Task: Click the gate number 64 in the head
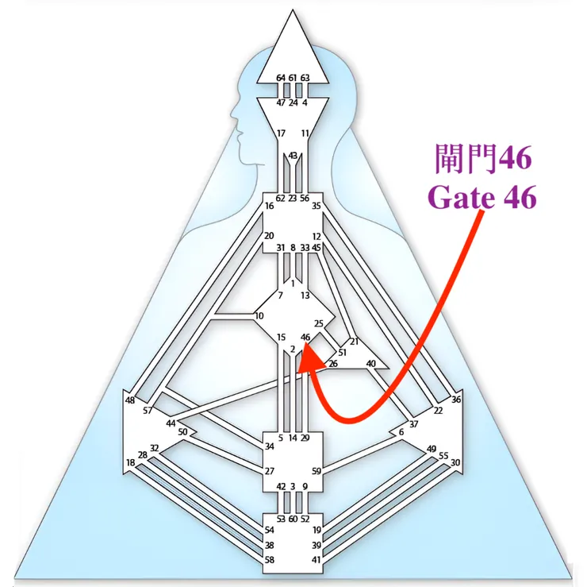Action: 281,78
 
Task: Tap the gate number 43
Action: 293,155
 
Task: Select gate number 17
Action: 281,133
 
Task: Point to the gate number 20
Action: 269,236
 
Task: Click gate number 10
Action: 259,316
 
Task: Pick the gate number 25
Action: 319,323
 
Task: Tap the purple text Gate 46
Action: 482,197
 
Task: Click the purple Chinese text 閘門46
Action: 483,159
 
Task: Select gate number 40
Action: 370,363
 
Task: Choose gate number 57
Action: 148,411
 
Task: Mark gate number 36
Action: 456,400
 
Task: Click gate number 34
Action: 269,446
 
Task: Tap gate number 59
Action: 317,471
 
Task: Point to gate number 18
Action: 130,462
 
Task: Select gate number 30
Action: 455,462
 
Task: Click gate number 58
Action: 269,560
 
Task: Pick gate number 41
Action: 317,560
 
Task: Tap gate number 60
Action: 293,519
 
